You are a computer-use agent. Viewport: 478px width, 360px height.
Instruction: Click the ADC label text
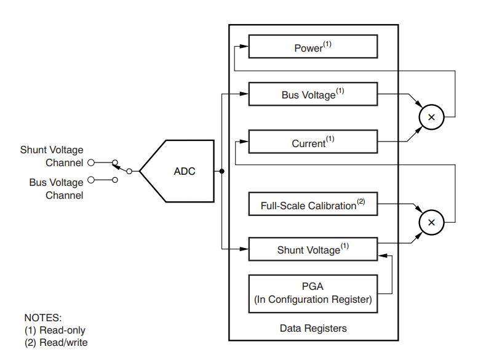point(185,171)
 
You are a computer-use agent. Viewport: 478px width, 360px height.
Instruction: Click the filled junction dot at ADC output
point(222,171)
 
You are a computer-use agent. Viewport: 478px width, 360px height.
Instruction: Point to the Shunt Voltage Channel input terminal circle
point(91,162)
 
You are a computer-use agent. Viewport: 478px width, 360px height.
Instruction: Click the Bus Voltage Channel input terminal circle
point(91,180)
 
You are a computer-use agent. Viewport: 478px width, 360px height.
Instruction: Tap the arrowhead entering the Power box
point(244,46)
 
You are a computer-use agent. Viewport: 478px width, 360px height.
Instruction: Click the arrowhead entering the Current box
point(244,142)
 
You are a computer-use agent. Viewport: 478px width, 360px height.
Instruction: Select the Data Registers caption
point(313,328)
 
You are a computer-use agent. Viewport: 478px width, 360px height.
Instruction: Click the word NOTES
point(43,318)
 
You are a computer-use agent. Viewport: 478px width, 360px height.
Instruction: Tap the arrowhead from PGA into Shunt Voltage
point(383,256)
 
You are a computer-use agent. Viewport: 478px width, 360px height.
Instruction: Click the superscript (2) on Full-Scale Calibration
point(361,201)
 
